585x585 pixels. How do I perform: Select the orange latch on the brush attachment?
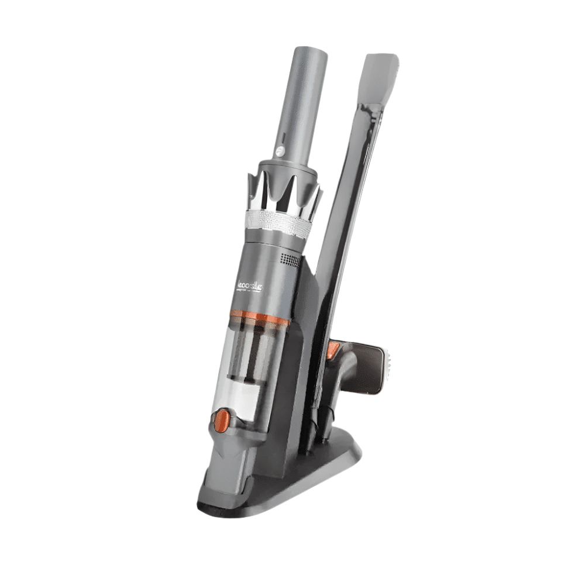pyautogui.click(x=333, y=350)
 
